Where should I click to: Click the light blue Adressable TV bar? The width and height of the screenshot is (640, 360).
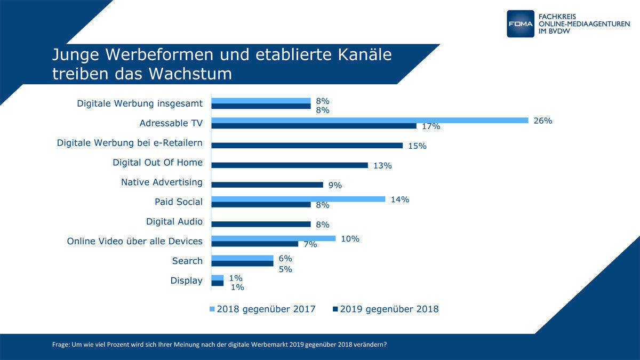(x=370, y=120)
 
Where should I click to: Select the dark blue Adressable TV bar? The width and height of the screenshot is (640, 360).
(x=314, y=126)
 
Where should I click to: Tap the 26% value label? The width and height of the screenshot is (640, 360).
(x=542, y=121)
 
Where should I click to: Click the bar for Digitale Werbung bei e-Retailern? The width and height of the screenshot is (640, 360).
(x=307, y=146)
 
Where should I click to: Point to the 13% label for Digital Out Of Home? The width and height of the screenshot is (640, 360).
(x=382, y=166)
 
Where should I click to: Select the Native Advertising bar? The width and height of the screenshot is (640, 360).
(x=267, y=185)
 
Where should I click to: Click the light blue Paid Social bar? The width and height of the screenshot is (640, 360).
(x=298, y=199)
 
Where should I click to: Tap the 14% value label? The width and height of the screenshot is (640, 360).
(x=399, y=199)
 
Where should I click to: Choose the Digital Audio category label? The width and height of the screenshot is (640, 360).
(x=174, y=221)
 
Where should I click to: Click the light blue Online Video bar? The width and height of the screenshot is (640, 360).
(x=274, y=238)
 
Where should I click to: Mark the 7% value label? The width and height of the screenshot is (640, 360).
(x=310, y=245)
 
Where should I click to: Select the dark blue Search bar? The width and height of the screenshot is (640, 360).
(x=242, y=263)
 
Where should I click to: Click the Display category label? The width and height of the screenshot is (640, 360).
(x=186, y=281)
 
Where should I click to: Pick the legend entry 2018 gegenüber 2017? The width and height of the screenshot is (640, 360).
(x=266, y=309)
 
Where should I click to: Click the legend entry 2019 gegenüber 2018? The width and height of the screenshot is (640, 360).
(x=389, y=309)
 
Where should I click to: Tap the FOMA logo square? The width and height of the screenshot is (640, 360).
(x=520, y=23)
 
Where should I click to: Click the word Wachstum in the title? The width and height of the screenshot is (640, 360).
(x=190, y=74)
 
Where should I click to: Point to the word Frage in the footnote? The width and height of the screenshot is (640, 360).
(x=60, y=345)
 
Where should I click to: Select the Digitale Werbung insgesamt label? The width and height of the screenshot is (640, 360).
(x=140, y=103)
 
